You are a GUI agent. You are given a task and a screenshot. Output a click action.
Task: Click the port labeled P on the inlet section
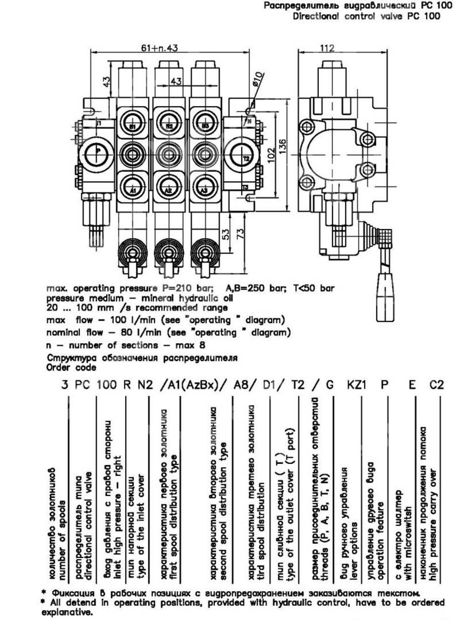click(x=97, y=151)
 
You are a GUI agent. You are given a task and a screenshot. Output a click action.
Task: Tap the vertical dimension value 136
click(x=283, y=147)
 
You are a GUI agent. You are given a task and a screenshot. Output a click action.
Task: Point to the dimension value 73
click(x=241, y=234)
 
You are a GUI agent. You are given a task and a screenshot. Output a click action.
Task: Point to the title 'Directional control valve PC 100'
click(x=366, y=16)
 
